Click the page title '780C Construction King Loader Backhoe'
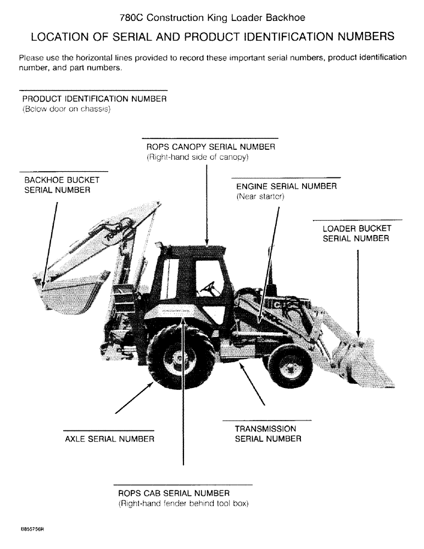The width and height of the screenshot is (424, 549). [212, 18]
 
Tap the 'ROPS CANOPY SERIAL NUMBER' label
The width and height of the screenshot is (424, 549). [210, 147]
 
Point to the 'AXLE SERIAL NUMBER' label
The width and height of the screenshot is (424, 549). [109, 439]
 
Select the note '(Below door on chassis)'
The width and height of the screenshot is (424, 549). [66, 109]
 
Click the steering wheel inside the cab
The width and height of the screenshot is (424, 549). [208, 286]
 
